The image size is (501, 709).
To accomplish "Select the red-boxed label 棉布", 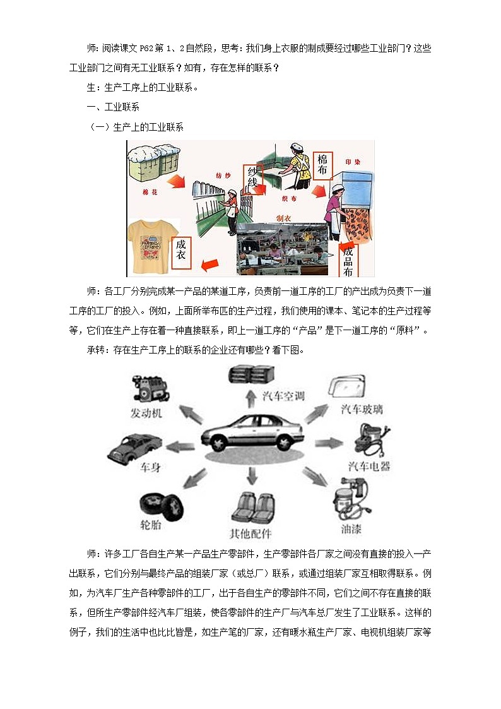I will tap(323, 164).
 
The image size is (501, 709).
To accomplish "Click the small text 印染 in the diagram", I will tap(353, 161).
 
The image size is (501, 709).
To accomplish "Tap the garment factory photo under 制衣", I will tap(281, 249).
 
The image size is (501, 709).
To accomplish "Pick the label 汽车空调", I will tap(283, 396).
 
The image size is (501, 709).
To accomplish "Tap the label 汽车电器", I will tap(369, 467).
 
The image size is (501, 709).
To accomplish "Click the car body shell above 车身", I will tap(134, 448).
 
